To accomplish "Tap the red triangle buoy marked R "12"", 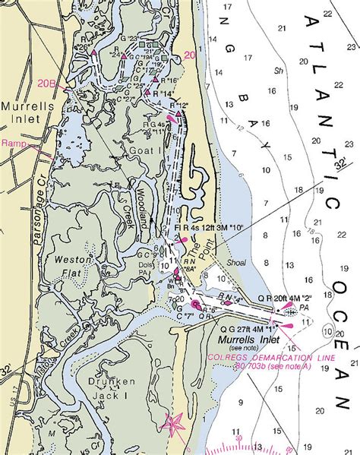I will [178, 114].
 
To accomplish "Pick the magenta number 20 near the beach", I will [189, 55].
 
